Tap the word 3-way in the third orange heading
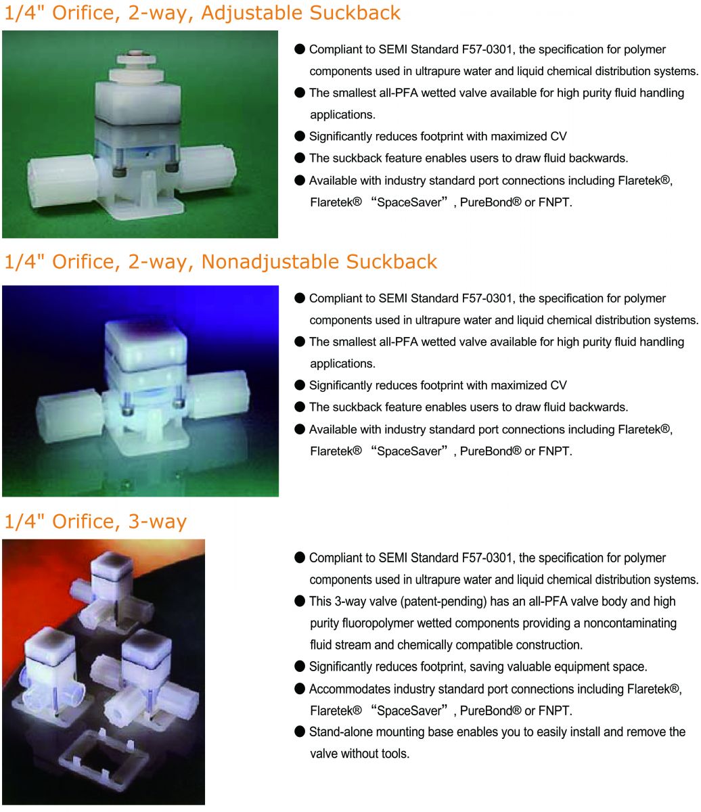coord(157,522)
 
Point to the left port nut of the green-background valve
coord(62,180)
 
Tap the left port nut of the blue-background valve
coord(70,415)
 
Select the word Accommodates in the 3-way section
coord(350,690)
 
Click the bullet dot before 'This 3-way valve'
coord(300,601)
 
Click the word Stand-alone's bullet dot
coord(300,731)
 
